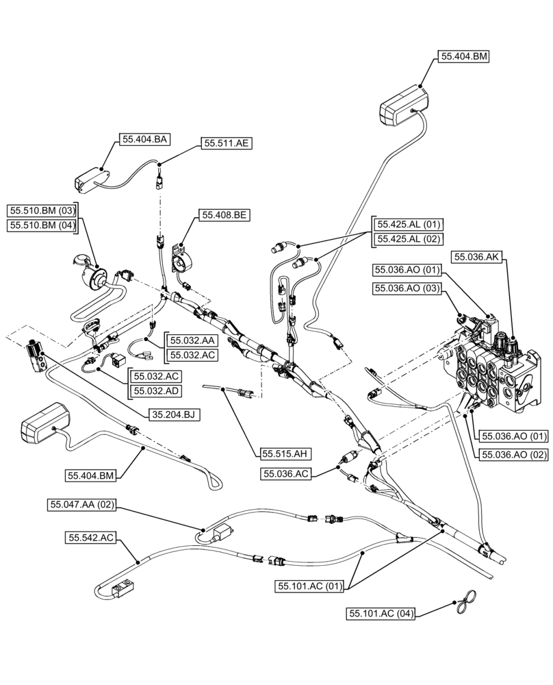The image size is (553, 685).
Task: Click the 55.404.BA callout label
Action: coord(145,139)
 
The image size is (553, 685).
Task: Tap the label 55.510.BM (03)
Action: coord(43,210)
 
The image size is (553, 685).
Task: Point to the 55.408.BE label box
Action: coord(224,215)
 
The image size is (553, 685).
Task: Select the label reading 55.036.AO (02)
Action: coord(515,453)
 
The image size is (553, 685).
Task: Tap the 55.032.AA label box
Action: coord(193,340)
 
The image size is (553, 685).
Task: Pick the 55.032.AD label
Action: coord(157,392)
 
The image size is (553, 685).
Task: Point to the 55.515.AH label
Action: coord(286,453)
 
